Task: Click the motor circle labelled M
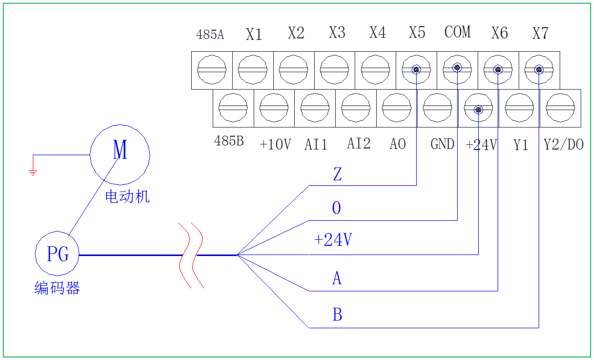(120, 154)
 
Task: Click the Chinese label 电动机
(127, 196)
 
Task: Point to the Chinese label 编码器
(57, 288)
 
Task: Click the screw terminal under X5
(416, 70)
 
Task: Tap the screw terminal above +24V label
(478, 109)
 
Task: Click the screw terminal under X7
(539, 70)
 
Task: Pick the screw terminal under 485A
(212, 70)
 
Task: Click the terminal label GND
(442, 144)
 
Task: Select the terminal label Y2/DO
(563, 145)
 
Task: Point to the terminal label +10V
(275, 145)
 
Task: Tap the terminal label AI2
(358, 144)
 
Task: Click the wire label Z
(337, 175)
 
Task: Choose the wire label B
(337, 314)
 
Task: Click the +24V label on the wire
(333, 240)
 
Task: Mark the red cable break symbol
(191, 255)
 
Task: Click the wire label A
(337, 279)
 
